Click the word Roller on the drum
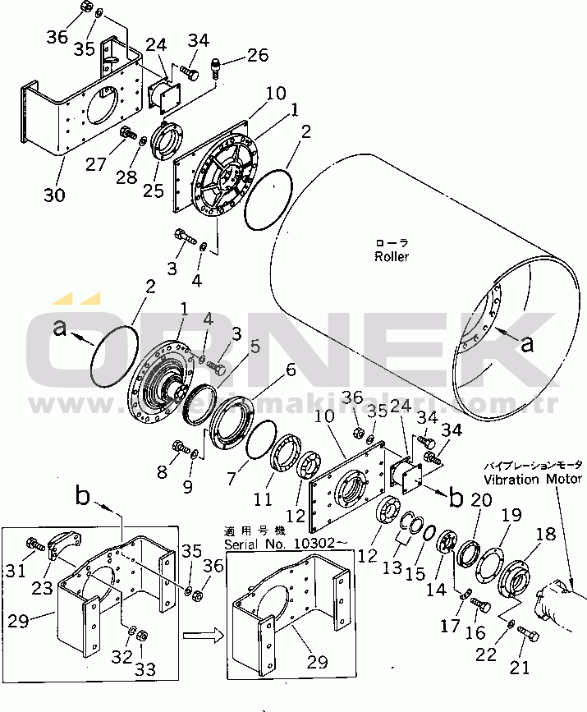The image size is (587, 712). tap(392, 256)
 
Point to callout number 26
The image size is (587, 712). tap(258, 56)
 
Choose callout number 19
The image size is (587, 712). tap(511, 515)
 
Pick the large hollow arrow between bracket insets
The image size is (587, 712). tap(202, 636)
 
